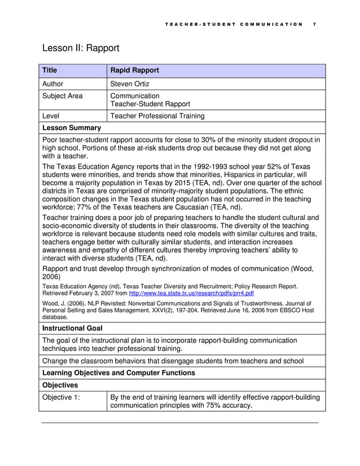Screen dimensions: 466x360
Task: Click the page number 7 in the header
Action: [314, 24]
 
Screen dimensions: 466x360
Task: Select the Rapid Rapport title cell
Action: [134, 71]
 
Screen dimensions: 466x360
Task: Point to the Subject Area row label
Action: [63, 96]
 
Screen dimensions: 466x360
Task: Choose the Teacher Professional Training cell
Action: [157, 116]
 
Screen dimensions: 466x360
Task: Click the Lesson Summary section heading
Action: [72, 128]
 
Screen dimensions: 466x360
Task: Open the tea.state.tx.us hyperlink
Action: [191, 293]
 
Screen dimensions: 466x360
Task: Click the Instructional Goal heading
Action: [72, 328]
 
